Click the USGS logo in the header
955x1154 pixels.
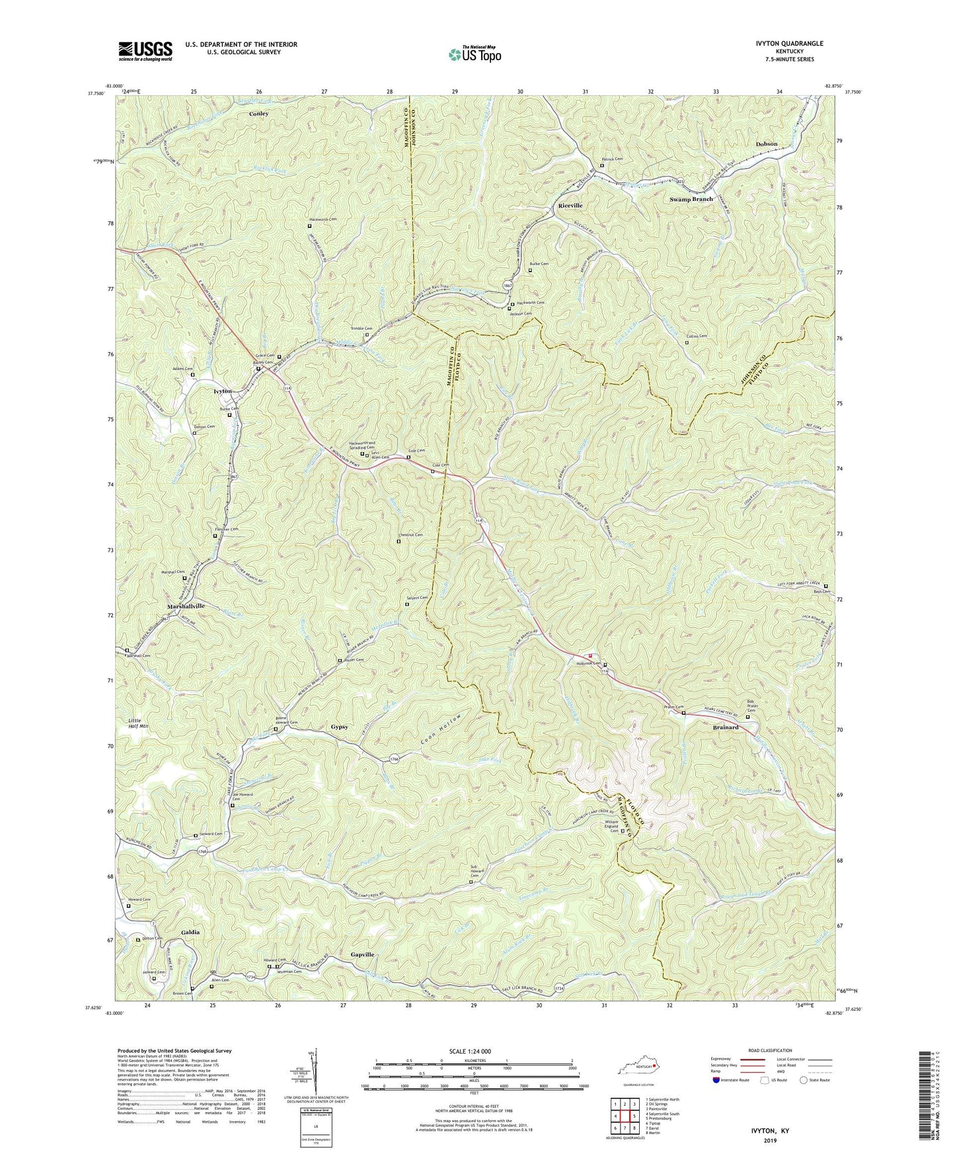(145, 50)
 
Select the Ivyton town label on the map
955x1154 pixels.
(223, 392)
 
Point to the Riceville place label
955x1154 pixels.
(566, 206)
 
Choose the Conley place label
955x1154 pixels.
(258, 114)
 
